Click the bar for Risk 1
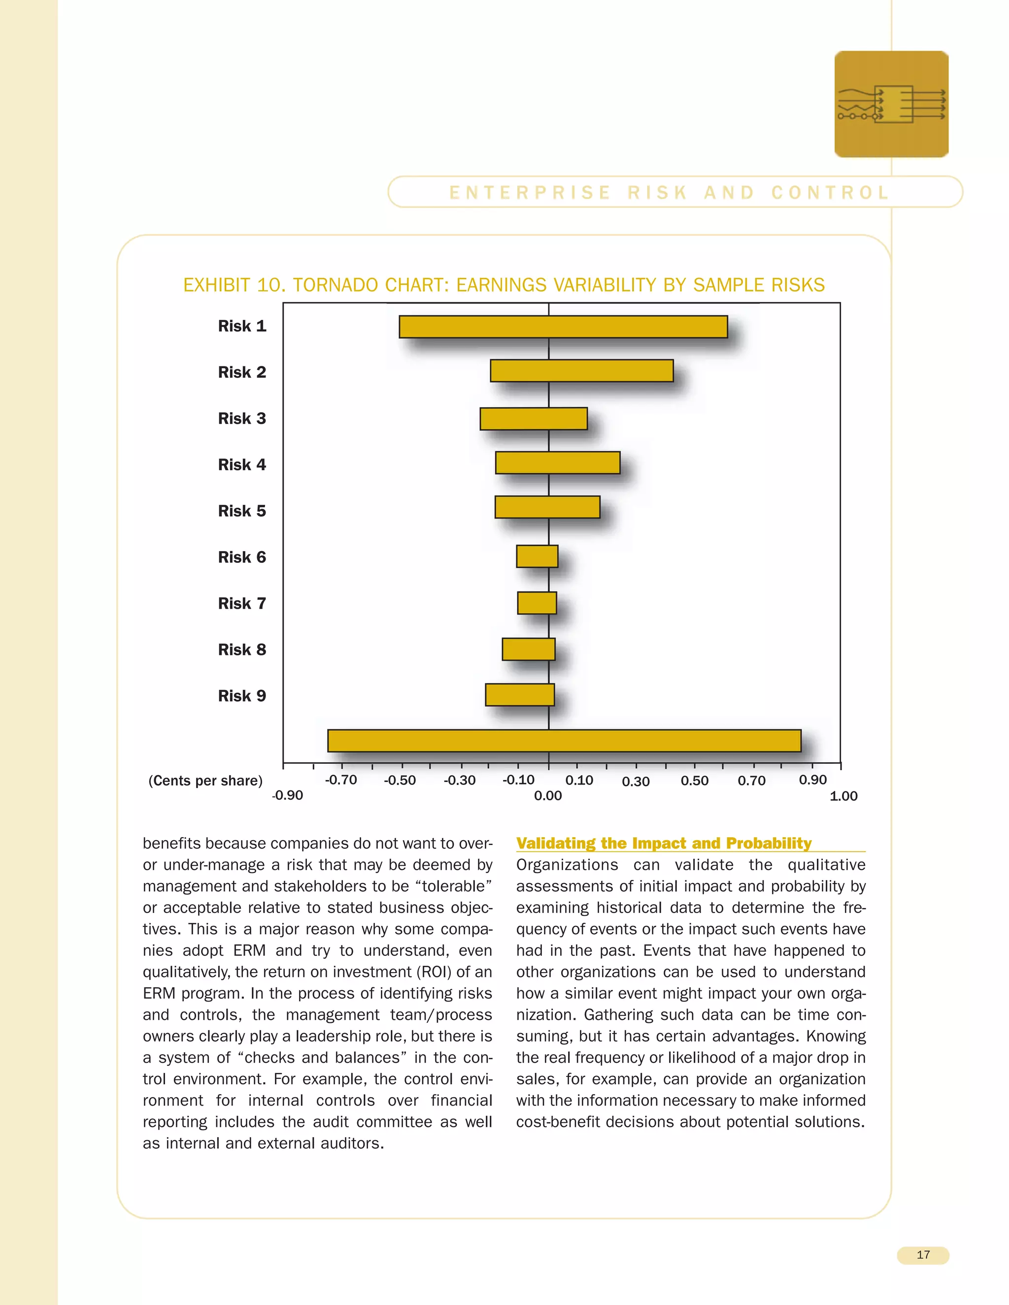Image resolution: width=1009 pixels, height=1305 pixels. coord(563,327)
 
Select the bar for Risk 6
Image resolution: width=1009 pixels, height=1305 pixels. coord(537,556)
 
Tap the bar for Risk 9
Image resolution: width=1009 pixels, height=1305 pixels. coord(519,695)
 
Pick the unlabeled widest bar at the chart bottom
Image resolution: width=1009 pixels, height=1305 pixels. coord(564,741)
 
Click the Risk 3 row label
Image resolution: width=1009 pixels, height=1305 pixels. coord(241,418)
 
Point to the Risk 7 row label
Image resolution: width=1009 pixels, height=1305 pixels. coord(241,604)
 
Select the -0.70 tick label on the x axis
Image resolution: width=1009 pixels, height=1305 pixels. coord(341,780)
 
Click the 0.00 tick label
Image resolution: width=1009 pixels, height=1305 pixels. coord(547,796)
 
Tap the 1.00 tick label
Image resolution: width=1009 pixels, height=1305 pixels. coord(843,796)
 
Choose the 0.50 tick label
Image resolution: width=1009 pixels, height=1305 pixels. coord(694,781)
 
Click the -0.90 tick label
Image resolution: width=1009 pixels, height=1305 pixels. coord(288,795)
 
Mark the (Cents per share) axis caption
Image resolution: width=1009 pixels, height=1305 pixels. coord(205,781)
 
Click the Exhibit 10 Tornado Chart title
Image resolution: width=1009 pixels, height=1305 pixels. coord(504,285)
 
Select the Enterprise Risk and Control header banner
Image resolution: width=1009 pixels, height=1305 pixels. coord(674,193)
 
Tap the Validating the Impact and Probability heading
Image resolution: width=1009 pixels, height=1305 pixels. coord(664,843)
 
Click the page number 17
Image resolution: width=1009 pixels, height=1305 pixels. coord(922,1255)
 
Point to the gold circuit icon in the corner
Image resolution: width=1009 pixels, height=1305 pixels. coord(891,104)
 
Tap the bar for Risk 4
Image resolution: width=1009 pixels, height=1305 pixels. coord(557,463)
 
